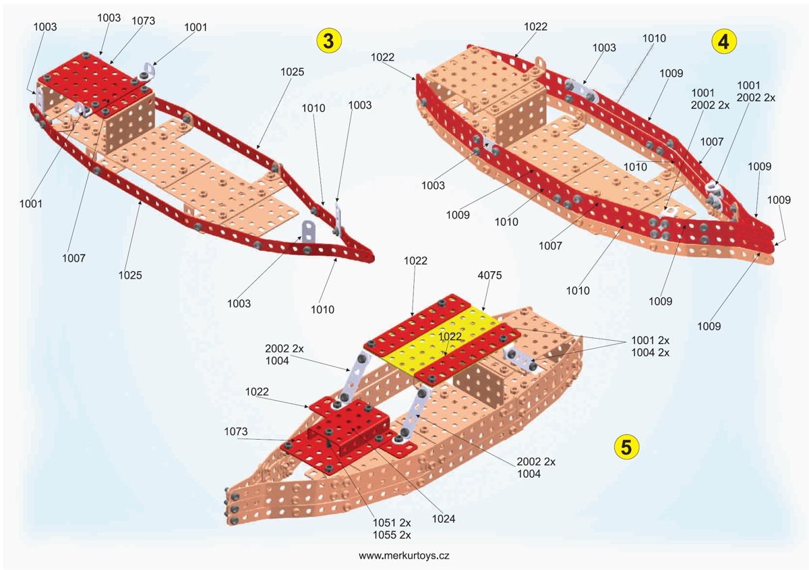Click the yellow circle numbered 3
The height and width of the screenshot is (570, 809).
(329, 40)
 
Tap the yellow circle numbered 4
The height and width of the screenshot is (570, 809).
(723, 41)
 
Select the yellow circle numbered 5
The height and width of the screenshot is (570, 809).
(626, 446)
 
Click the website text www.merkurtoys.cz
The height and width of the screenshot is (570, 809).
(404, 556)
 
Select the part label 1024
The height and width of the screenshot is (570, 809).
(444, 519)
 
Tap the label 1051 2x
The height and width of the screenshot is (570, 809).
(392, 523)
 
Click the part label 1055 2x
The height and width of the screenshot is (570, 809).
(392, 535)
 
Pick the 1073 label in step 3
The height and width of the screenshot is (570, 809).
(143, 21)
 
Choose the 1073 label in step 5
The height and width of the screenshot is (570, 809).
(236, 431)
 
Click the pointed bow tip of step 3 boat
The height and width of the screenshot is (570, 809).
(370, 259)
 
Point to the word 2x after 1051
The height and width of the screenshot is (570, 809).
(404, 523)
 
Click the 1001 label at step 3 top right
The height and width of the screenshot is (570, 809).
(196, 27)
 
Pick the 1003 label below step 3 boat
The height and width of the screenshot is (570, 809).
(239, 304)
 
